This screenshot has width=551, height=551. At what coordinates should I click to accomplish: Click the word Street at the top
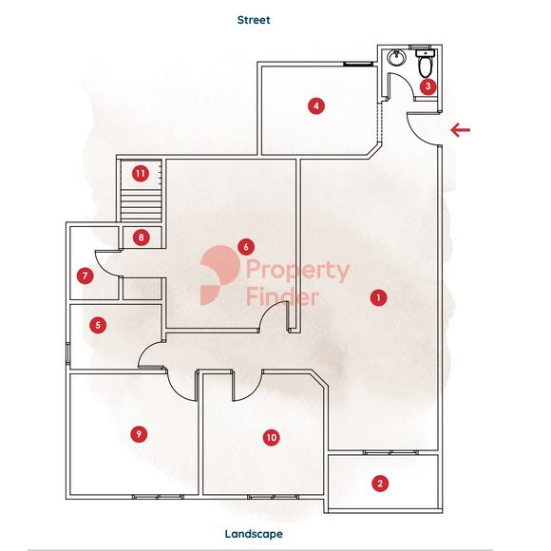coord(254,20)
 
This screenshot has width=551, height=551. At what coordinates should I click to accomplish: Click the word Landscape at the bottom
coord(254,534)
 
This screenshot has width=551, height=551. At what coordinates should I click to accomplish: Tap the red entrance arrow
coord(461,130)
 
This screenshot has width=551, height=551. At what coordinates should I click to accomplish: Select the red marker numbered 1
coord(378,298)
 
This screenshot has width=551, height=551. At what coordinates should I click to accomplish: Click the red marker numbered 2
coord(380,484)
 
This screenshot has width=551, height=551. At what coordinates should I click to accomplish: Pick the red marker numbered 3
coord(428,86)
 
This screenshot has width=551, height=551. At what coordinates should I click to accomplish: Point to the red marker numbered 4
coord(316,105)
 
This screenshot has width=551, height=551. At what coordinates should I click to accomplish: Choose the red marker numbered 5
coord(98,325)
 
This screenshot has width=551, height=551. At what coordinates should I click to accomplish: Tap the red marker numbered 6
coord(246,247)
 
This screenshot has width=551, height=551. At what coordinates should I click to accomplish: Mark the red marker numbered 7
coord(85,275)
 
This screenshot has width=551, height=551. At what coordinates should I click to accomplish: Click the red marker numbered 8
coord(142,237)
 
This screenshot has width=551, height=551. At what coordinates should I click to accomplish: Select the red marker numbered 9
coord(139,434)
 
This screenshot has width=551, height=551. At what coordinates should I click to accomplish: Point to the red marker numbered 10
coord(272,438)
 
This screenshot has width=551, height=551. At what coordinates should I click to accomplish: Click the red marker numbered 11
coord(141,173)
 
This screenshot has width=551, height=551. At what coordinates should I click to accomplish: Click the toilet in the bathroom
coord(426,63)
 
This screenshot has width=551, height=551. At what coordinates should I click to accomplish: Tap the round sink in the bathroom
coord(397,57)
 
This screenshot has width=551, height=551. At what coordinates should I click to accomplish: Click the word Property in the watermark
coord(298,271)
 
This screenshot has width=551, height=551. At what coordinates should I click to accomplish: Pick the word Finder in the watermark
coord(283,296)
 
